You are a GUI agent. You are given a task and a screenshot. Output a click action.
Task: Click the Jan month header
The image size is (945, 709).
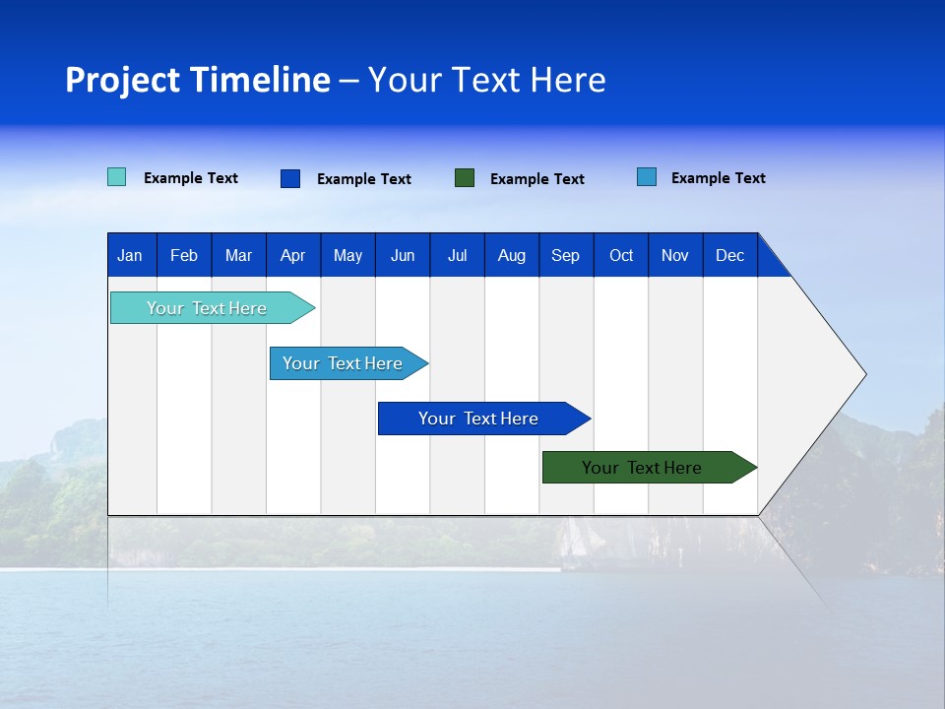pos(130,255)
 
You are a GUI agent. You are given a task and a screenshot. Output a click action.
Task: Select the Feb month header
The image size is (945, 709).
pos(184,255)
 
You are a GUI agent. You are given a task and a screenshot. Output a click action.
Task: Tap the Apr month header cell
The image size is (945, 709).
pos(292,255)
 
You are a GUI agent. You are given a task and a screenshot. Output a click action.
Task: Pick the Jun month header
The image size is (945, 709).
pos(403,255)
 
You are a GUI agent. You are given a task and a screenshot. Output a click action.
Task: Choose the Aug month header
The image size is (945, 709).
pos(511,255)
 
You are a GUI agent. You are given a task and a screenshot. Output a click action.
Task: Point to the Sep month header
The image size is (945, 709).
pos(565,255)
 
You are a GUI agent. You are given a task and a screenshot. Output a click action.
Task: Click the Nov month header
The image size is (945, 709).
pos(674,255)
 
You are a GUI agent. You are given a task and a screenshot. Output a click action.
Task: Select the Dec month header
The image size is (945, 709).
pos(729,255)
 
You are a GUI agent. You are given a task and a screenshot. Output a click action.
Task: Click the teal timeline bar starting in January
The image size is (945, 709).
pos(208,308)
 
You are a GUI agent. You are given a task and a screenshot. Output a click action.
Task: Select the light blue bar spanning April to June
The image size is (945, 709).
pos(344,363)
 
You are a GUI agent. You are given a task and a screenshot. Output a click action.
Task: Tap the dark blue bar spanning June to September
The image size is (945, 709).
pos(478,419)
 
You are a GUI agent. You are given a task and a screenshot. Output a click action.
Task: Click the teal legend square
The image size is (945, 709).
pos(116,177)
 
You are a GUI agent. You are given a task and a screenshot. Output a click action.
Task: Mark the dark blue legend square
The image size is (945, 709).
pos(289,178)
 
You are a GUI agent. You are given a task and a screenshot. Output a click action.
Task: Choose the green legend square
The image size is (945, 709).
pos(465,178)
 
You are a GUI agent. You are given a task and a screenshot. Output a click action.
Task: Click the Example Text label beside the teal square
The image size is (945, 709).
pos(191,178)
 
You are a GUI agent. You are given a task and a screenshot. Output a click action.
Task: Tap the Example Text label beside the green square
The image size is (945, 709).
pos(537,179)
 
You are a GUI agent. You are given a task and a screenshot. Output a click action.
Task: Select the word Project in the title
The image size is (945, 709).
pos(122,80)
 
